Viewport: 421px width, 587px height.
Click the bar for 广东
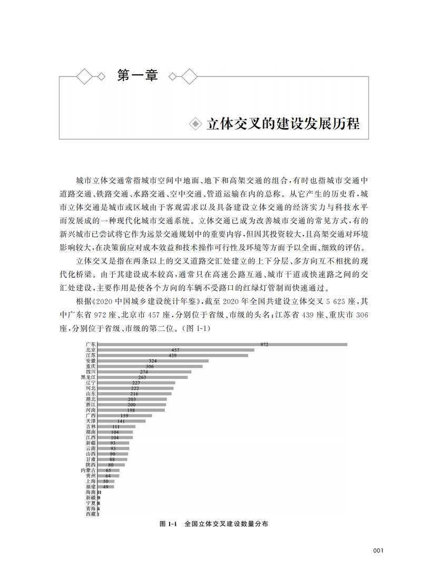(221, 345)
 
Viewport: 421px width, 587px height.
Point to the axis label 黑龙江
(88, 377)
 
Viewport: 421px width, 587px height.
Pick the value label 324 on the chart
(153, 361)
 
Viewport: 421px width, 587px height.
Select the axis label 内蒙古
(88, 470)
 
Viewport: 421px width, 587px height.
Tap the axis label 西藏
(91, 514)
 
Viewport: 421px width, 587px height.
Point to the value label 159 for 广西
(124, 416)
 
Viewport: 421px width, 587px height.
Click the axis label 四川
(91, 372)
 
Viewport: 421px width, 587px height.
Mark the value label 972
(264, 345)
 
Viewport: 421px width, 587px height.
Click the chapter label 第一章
(137, 76)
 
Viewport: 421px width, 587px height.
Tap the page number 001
(378, 551)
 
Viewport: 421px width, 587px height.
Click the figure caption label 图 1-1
(167, 525)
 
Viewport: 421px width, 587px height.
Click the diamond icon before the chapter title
(195, 124)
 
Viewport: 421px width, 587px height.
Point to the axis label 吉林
(91, 426)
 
